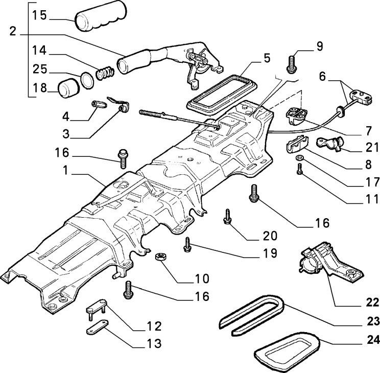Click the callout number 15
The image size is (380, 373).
pyautogui.click(x=39, y=15)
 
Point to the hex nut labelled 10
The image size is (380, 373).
pyautogui.click(x=159, y=255)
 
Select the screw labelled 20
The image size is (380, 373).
pyautogui.click(x=226, y=217)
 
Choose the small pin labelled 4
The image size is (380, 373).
pyautogui.click(x=98, y=105)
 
